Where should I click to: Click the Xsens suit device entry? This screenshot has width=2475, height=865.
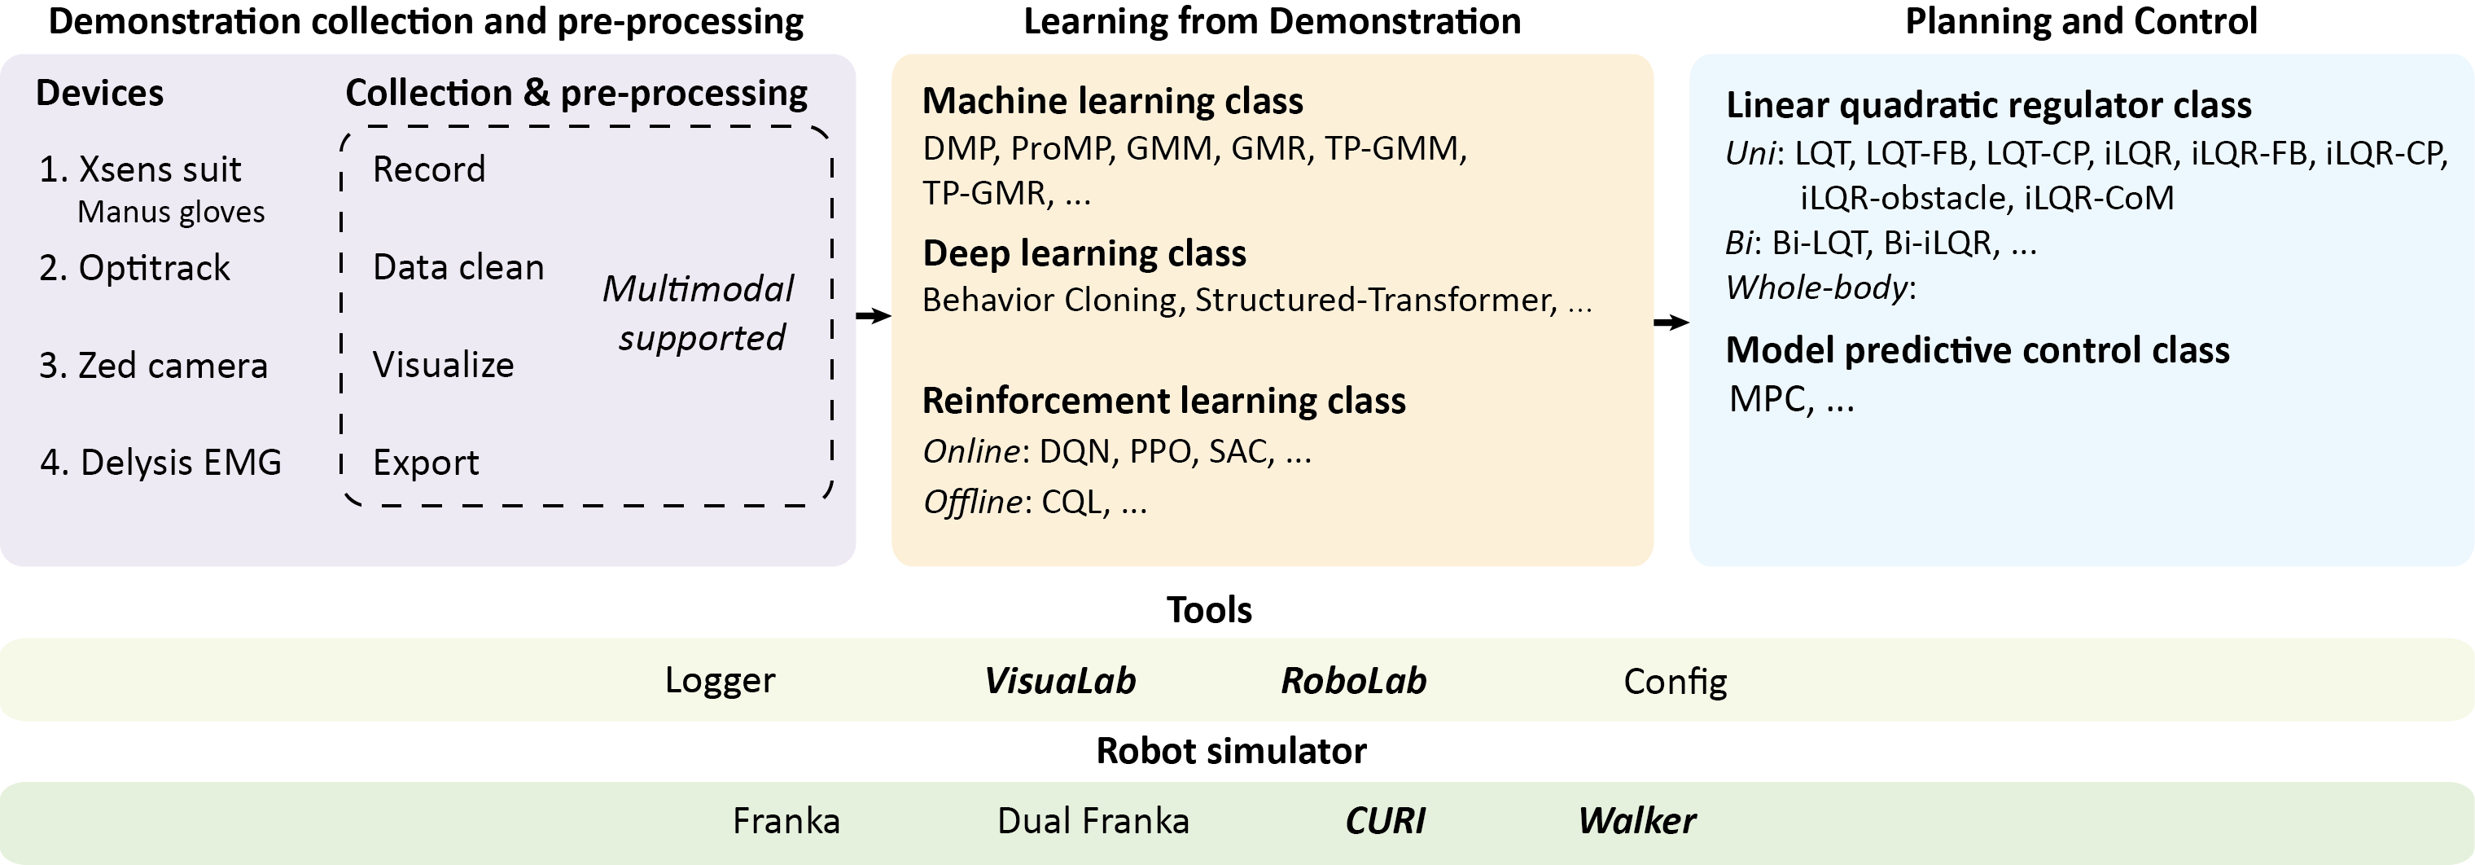click(x=140, y=170)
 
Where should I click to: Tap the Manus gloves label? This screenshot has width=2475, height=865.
click(x=171, y=213)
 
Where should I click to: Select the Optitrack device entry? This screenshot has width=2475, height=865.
click(x=134, y=268)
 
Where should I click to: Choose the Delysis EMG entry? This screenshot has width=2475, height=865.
click(x=160, y=463)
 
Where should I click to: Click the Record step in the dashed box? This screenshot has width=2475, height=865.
click(x=428, y=170)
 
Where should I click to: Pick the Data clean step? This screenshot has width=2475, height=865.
click(x=458, y=267)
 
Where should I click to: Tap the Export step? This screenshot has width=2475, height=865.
click(x=426, y=463)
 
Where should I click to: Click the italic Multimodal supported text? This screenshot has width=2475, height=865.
click(x=699, y=314)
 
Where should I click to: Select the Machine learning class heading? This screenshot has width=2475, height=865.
click(x=1113, y=101)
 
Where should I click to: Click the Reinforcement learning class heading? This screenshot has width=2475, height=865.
click(x=1163, y=401)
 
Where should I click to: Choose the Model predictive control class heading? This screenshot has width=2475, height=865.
click(x=1978, y=351)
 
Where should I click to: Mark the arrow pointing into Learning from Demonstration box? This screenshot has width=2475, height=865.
click(x=874, y=315)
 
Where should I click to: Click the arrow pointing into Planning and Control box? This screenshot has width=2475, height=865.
click(x=1671, y=322)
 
